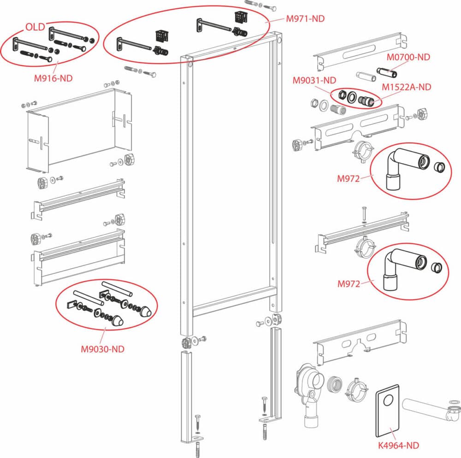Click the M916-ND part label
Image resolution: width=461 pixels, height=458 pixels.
pyautogui.click(x=53, y=78)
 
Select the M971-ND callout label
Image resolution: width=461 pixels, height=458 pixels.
pyautogui.click(x=305, y=19)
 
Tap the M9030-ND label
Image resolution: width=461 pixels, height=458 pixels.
pyautogui.click(x=103, y=349)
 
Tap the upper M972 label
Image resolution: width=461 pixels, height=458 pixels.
pyautogui.click(x=348, y=179)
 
